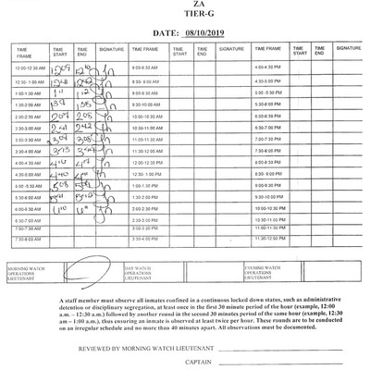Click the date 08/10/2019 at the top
(x=206, y=31)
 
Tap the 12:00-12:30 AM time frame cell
(x=31, y=68)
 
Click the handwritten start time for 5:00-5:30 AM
(x=61, y=184)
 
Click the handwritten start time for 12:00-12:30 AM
(x=61, y=68)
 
